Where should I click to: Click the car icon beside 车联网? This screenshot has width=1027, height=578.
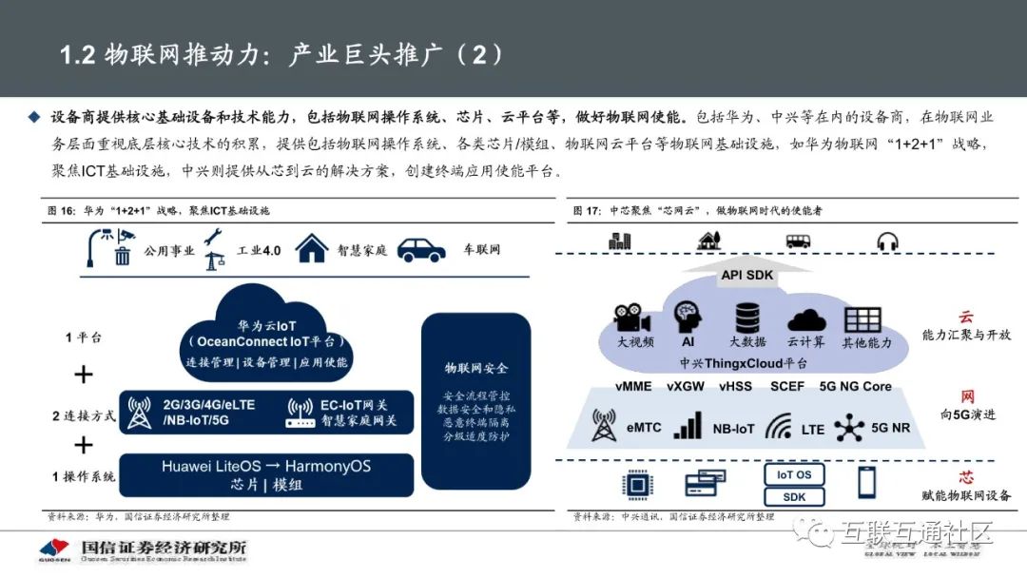click(421, 249)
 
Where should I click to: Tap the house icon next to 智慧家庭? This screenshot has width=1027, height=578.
click(311, 248)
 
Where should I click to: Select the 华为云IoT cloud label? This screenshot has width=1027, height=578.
click(267, 326)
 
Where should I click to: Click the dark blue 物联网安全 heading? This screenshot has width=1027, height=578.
click(476, 368)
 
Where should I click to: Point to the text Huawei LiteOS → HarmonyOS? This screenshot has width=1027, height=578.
click(266, 467)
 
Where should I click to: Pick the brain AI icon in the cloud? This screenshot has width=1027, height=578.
click(688, 317)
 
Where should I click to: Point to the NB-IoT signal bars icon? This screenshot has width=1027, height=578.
click(688, 426)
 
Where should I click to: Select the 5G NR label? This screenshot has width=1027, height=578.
click(889, 429)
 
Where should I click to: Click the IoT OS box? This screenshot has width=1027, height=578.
click(794, 474)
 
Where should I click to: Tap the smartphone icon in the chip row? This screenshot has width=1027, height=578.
click(866, 483)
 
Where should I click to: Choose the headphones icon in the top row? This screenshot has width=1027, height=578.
click(888, 241)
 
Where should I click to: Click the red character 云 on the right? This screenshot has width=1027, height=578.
click(965, 317)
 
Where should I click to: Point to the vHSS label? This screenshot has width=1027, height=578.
click(735, 387)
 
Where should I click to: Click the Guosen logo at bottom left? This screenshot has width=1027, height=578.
click(54, 550)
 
